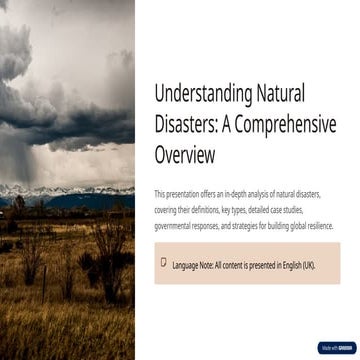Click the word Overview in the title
coord(185,156)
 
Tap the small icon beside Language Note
coord(163,262)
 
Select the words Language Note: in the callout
coord(194,265)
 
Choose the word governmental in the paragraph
coord(175,226)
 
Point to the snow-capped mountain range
coord(60,190)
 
